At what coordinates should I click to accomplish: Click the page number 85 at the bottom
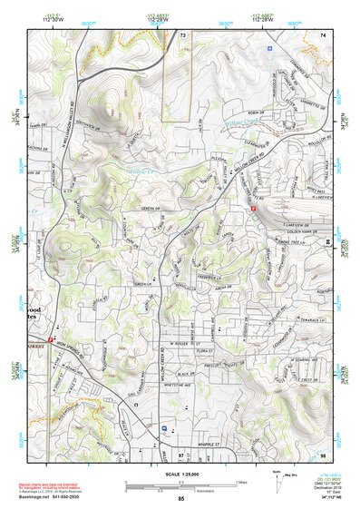180,500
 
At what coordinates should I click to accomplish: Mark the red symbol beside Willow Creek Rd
253,208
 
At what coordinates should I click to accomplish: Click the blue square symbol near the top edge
269,44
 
